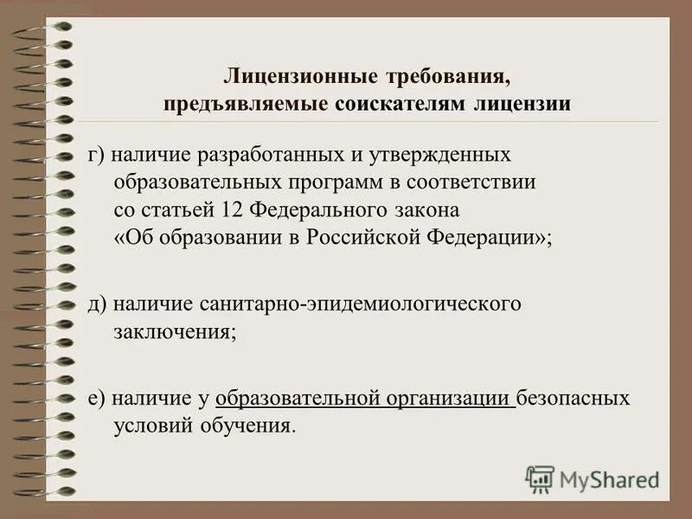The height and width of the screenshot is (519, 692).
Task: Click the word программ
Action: tap(334, 183)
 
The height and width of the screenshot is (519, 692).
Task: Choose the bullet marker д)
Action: tap(97, 305)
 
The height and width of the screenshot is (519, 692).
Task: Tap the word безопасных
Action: tap(573, 399)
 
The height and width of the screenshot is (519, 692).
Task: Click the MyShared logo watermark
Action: tap(593, 478)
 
